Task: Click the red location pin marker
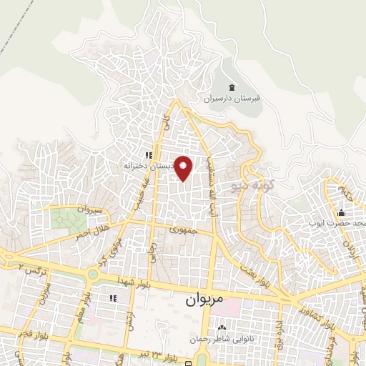pos(184,168)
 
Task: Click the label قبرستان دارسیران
pos(232,99)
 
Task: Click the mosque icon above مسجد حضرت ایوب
pos(342,212)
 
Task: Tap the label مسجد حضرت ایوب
pos(338,223)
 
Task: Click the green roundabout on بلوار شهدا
pos(93,275)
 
